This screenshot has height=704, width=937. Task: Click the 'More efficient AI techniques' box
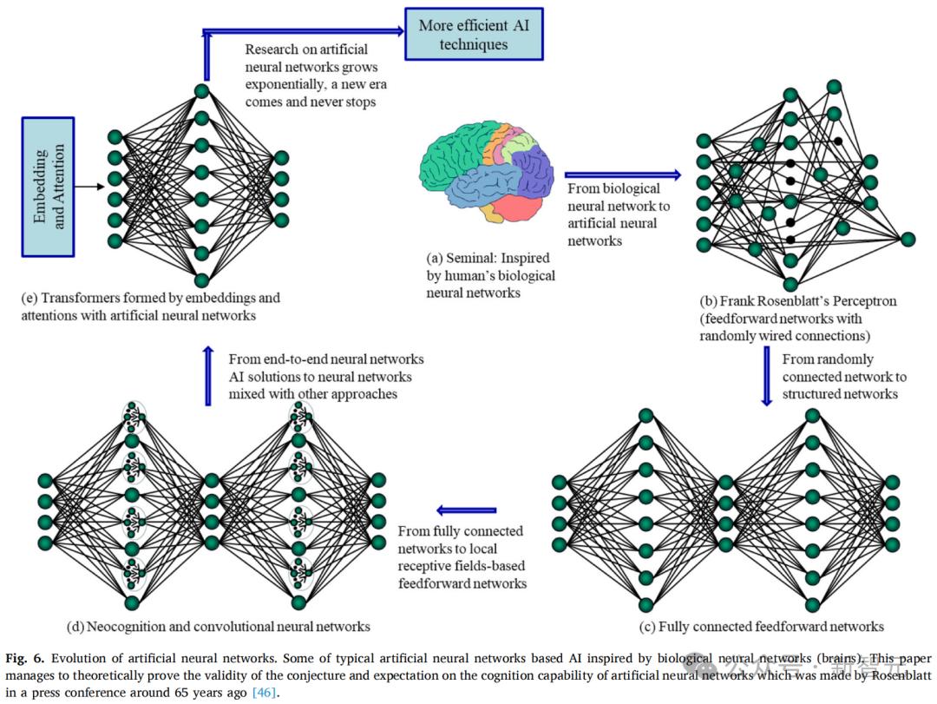click(473, 35)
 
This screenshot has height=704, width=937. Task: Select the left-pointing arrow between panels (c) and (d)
click(466, 510)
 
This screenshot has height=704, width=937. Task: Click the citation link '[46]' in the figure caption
click(265, 693)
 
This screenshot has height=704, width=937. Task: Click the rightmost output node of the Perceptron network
click(908, 239)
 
